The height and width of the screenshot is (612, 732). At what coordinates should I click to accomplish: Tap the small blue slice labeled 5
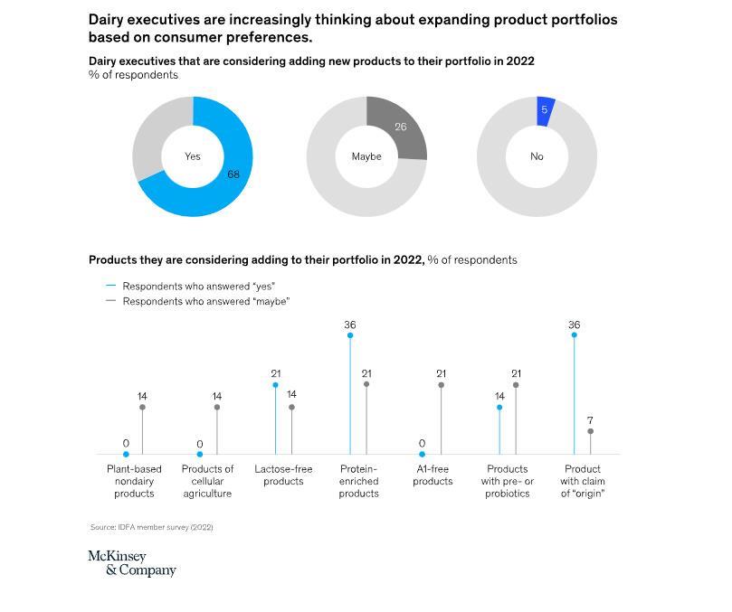(545, 110)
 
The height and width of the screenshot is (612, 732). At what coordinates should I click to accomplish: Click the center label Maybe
(366, 156)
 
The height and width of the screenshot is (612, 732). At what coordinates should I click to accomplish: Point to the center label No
(537, 156)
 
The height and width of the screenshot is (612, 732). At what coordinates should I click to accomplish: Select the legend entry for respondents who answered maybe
(205, 301)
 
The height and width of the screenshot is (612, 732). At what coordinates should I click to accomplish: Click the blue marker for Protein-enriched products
(350, 335)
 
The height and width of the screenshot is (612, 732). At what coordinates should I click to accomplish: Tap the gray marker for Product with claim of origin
(591, 431)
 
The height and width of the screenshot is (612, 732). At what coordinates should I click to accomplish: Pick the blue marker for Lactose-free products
(276, 385)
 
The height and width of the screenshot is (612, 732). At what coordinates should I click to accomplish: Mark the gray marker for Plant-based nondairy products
(142, 408)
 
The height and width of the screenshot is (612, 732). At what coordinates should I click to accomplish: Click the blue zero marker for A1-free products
(422, 454)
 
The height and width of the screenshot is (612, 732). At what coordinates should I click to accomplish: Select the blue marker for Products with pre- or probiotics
(499, 408)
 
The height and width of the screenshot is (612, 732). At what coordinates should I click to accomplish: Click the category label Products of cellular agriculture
(207, 481)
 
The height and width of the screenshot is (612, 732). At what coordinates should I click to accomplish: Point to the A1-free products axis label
(433, 475)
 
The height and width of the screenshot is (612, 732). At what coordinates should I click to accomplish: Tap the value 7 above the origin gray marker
(590, 420)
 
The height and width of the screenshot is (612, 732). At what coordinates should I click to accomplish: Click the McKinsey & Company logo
(131, 563)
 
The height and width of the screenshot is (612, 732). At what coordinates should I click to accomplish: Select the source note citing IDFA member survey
(151, 527)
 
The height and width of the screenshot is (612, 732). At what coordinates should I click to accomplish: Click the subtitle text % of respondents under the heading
(133, 75)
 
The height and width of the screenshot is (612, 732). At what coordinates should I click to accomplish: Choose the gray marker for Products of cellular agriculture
(217, 408)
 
